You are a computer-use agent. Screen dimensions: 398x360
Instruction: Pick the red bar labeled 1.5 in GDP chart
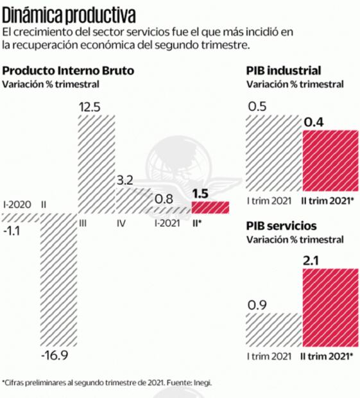click(x=210, y=207)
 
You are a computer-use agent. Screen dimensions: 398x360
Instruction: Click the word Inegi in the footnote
click(x=203, y=382)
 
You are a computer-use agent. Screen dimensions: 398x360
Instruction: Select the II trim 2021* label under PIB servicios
click(x=329, y=354)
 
